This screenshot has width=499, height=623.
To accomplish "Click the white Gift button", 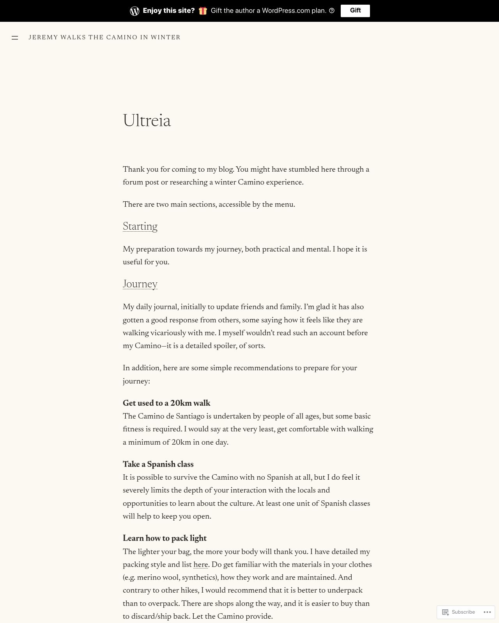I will [355, 11].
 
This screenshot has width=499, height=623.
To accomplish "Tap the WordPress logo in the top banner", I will [134, 11].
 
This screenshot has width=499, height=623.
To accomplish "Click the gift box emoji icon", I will [203, 11].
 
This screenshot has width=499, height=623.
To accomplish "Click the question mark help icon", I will [332, 11].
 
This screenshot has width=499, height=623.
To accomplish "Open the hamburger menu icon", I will [15, 38].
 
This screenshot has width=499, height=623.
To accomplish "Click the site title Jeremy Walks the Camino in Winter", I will [104, 37].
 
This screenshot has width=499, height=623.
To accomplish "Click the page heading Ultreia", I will [147, 121].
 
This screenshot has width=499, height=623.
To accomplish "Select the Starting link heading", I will [140, 227].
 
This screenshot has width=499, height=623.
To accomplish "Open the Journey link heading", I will [140, 284].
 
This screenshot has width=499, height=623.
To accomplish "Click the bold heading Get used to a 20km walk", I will [166, 403].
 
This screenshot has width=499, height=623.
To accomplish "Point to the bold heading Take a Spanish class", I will [158, 465].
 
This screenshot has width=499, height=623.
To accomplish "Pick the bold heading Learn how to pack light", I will [165, 539].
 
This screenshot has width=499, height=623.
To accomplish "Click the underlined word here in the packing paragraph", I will [200, 565].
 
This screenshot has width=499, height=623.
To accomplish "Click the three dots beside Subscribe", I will [487, 612].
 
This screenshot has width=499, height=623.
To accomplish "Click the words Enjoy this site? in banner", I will [168, 11].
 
